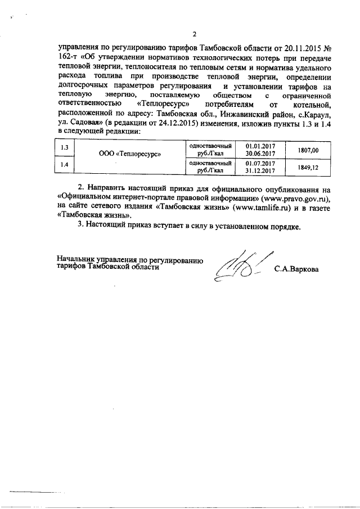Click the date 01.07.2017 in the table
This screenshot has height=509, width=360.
[260, 164]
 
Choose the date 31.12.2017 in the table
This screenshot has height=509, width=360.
[260, 170]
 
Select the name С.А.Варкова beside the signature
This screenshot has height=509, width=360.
[296, 269]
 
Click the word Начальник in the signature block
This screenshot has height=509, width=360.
[76, 259]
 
